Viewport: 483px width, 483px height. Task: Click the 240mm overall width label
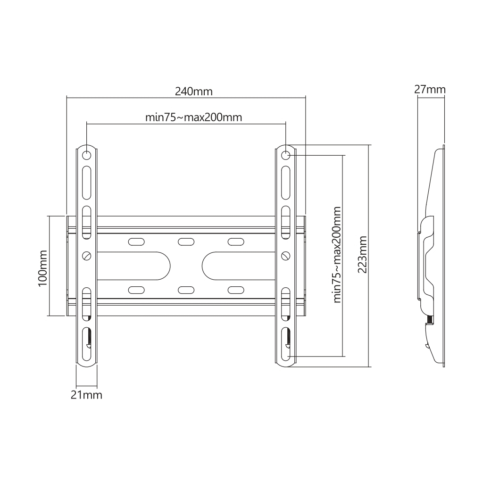click(193, 92)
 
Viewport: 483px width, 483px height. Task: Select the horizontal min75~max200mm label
click(193, 117)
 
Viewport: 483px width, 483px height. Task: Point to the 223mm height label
click(362, 255)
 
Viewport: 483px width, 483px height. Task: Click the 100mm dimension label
click(42, 266)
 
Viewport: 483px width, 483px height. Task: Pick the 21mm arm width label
click(86, 395)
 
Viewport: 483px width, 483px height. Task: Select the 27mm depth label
click(430, 89)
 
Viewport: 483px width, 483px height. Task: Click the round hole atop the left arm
click(87, 155)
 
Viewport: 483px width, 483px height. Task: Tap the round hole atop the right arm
click(285, 155)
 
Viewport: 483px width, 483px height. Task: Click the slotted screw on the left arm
click(87, 255)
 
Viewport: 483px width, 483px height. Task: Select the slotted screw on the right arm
click(285, 255)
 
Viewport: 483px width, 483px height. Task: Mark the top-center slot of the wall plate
click(186, 242)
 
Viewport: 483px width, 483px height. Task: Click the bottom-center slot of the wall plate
click(186, 289)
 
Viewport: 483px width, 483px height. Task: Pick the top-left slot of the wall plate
click(136, 242)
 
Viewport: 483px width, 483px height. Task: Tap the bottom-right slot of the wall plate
click(235, 289)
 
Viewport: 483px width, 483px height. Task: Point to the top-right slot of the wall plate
click(235, 242)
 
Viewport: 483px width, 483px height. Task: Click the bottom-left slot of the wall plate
click(136, 289)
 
